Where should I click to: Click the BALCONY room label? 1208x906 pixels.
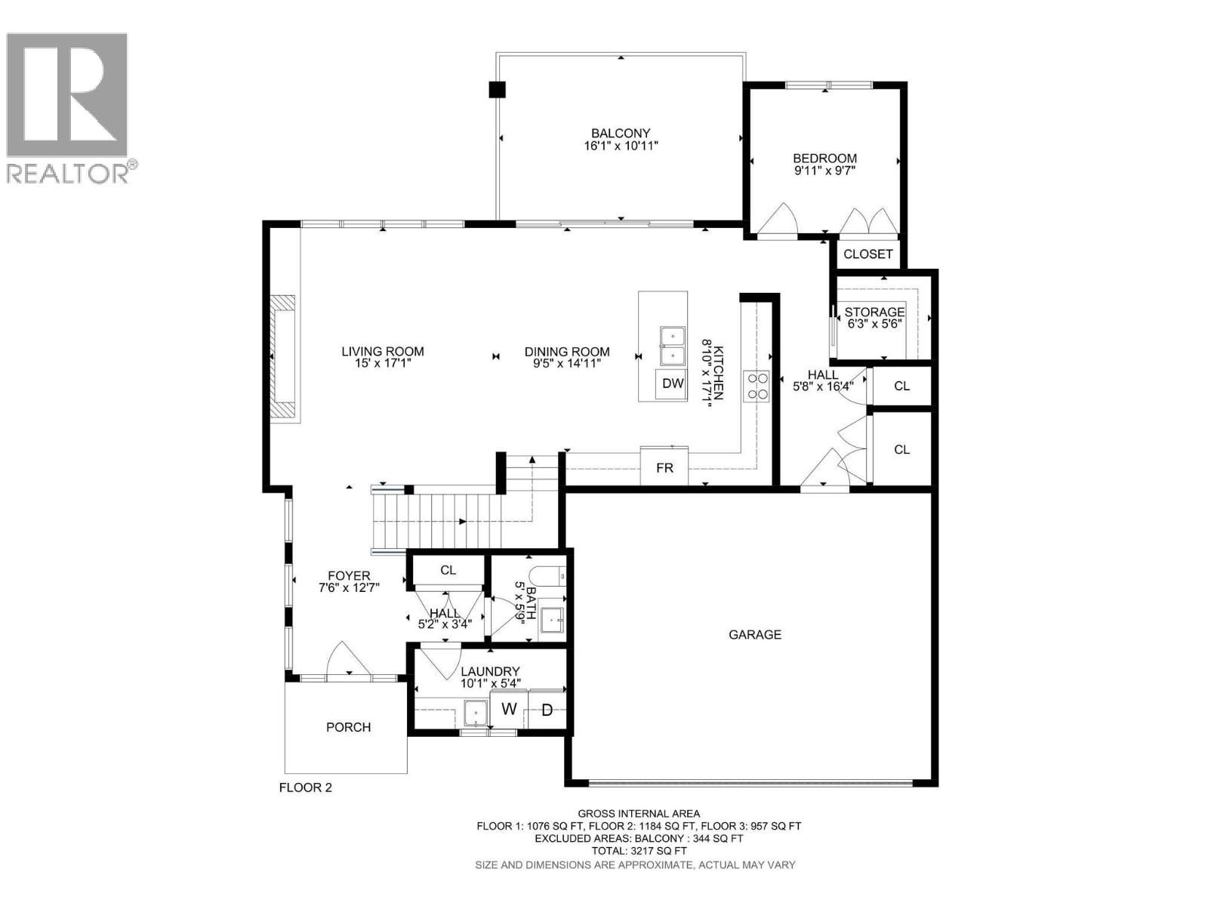click(621, 133)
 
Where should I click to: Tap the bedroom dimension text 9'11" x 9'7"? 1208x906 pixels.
click(824, 171)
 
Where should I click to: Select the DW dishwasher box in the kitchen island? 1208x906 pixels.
click(673, 384)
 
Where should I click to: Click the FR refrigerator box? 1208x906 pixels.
click(664, 467)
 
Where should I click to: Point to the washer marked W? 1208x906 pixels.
click(509, 710)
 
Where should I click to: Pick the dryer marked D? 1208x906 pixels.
click(547, 710)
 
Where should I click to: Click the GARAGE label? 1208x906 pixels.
click(754, 635)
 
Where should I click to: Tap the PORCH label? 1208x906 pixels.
click(348, 727)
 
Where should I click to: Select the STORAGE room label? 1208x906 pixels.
click(874, 312)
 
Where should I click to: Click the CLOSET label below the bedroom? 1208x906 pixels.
click(868, 254)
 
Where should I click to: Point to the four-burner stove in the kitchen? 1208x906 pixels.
click(757, 386)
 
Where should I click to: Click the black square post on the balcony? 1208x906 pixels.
click(497, 90)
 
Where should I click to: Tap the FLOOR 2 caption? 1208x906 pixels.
click(306, 787)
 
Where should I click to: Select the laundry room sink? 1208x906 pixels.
click(476, 713)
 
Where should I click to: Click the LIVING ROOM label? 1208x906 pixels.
click(383, 352)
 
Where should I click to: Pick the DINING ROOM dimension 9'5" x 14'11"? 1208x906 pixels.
click(567, 364)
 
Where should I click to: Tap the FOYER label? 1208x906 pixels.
click(349, 576)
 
